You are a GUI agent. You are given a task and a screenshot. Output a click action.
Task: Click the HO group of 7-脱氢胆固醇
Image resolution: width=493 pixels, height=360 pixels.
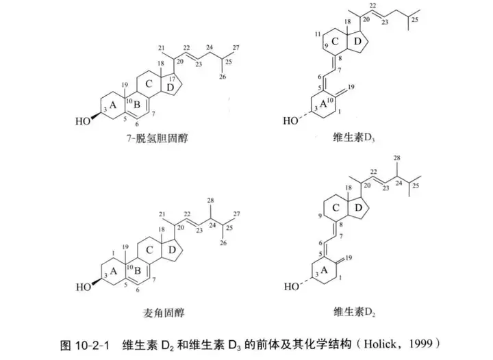83,124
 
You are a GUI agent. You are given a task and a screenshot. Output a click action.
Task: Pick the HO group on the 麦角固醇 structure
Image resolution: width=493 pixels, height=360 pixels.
83,288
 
